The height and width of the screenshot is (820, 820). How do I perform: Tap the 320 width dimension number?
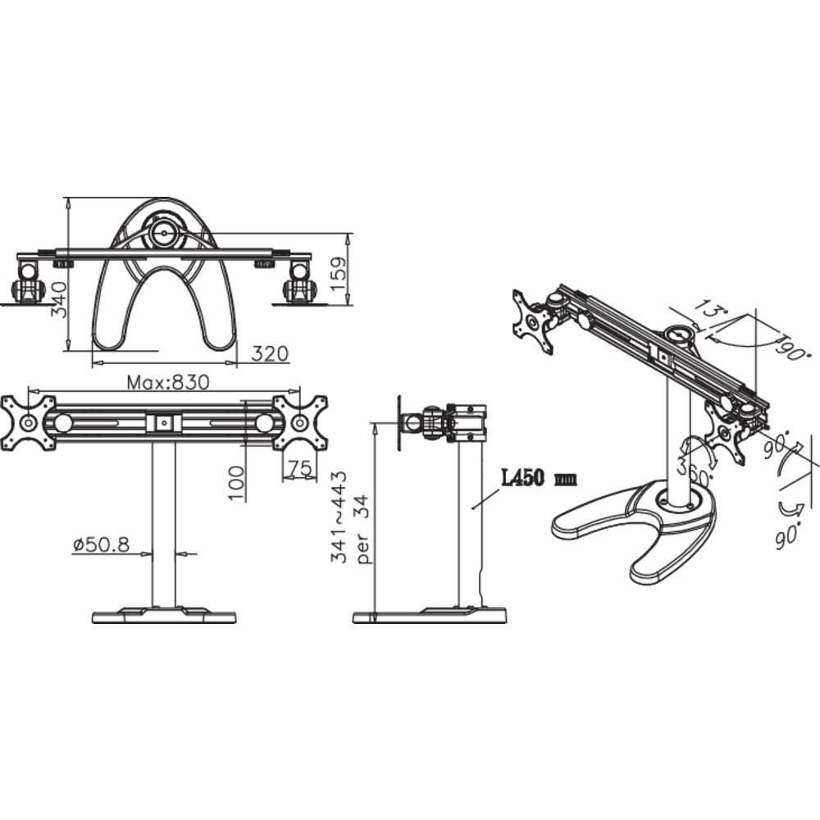270,353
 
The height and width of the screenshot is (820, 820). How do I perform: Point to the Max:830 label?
168,382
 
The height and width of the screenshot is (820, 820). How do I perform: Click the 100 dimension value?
237,483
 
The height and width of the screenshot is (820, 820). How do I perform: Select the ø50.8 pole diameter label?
101,544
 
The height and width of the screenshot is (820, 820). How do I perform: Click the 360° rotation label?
690,469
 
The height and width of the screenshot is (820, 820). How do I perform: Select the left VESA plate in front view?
28,422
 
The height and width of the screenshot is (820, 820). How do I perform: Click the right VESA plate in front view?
300,422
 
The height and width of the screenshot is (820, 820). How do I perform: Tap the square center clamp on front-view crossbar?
163,422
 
